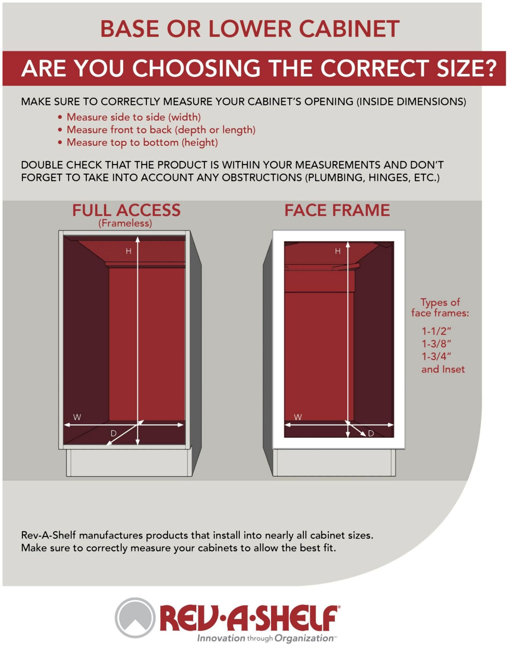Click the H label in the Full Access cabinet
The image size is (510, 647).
(128, 251)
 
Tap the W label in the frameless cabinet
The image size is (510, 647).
(77, 417)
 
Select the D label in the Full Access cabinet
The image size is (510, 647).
(114, 433)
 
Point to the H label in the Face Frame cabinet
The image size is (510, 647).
(338, 251)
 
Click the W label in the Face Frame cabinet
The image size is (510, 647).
(298, 417)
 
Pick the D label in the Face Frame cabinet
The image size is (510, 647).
(371, 433)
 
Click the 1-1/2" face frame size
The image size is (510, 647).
(436, 331)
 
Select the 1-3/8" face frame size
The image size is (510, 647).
(436, 344)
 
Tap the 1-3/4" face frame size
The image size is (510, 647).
(436, 356)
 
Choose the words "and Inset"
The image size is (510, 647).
(443, 369)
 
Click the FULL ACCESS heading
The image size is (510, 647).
(126, 210)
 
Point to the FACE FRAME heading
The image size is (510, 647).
(337, 210)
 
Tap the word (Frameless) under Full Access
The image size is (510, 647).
(125, 223)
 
